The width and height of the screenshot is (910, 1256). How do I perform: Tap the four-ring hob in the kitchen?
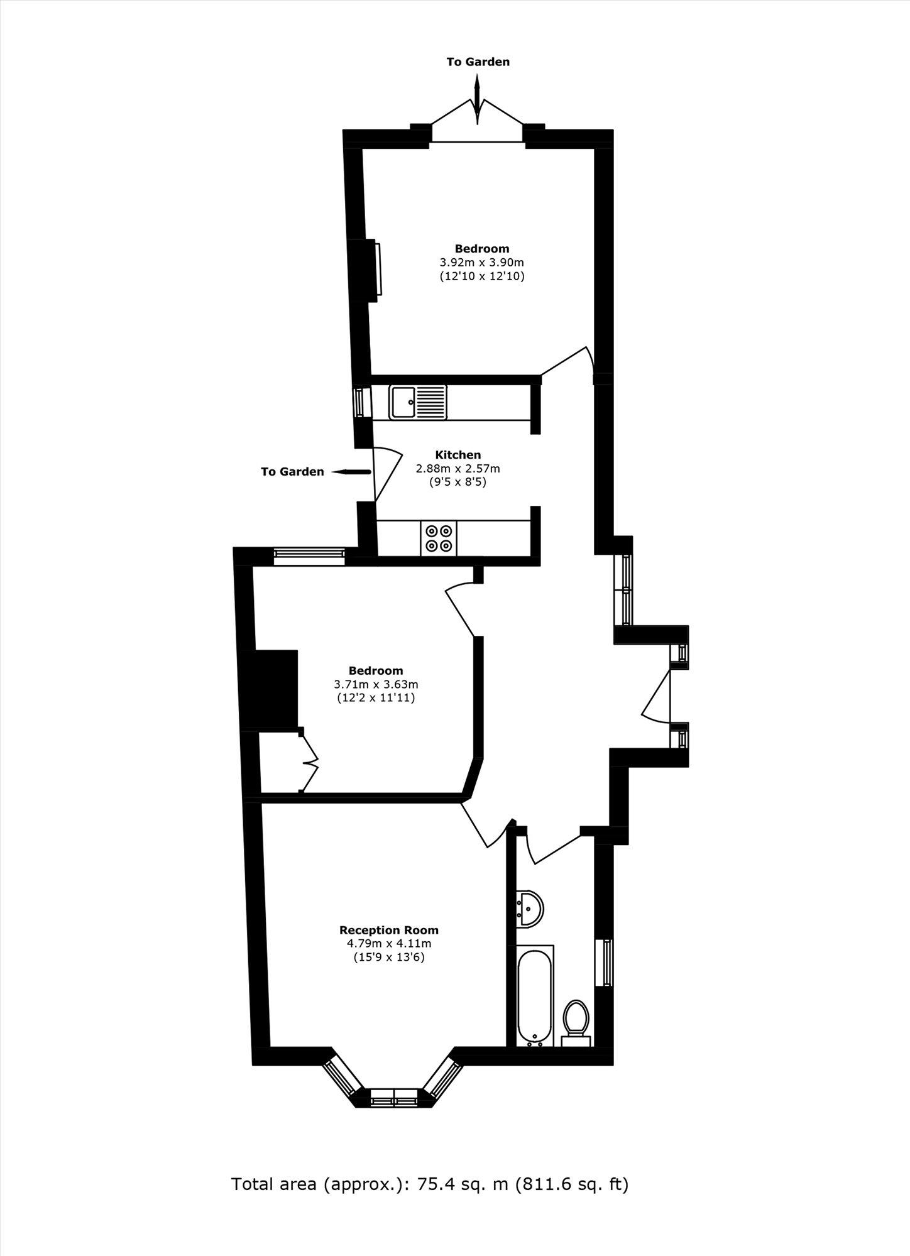coord(439,538)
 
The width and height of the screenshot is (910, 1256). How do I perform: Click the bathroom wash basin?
coord(530,908)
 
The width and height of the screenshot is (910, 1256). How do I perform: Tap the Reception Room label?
coord(389,930)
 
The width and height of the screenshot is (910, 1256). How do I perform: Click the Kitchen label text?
coord(458,454)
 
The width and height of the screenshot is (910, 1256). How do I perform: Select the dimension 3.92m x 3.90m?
coord(481,262)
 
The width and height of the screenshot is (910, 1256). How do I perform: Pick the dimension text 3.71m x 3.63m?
coord(376,684)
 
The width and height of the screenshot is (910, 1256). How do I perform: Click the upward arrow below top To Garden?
coord(476,88)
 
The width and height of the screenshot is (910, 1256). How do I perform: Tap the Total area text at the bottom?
coord(430,1184)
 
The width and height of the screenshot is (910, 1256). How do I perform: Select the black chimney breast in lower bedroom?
coord(275,689)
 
